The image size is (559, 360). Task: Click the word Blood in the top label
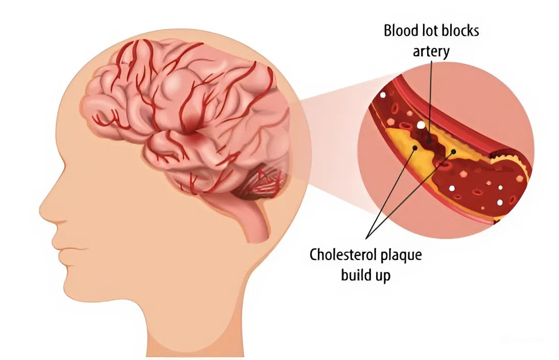tap(399, 31)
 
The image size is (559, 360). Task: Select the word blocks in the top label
tap(460, 31)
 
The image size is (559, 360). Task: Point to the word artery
tap(431, 51)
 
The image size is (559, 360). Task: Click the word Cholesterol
tap(343, 255)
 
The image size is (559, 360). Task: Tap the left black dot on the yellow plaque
tap(414, 147)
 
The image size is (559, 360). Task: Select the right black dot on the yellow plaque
tap(454, 151)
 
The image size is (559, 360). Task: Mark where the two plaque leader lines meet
tap(368, 237)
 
